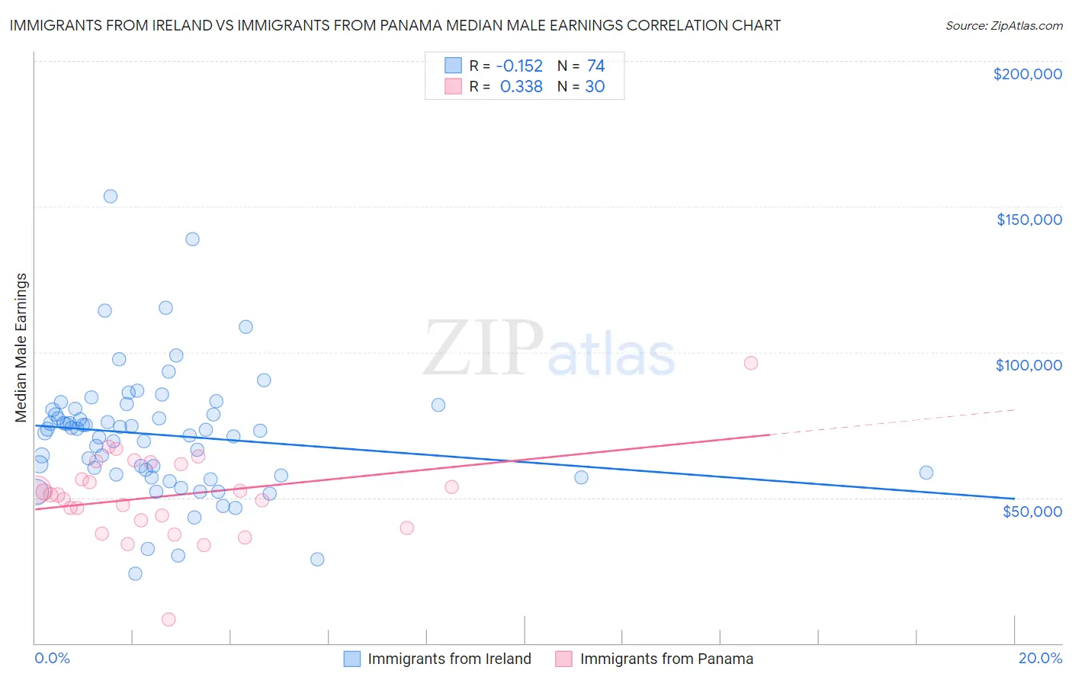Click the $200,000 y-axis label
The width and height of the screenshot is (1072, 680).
pyautogui.click(x=1027, y=74)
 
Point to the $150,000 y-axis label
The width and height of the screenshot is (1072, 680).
pyautogui.click(x=1029, y=220)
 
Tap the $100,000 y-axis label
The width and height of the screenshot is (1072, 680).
pyautogui.click(x=1029, y=365)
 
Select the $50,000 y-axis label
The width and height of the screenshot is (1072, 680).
pyautogui.click(x=1032, y=511)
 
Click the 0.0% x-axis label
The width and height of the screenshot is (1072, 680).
pyautogui.click(x=52, y=658)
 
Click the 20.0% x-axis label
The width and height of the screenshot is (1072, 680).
pyautogui.click(x=1040, y=658)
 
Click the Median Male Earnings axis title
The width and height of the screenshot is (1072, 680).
pyautogui.click(x=21, y=348)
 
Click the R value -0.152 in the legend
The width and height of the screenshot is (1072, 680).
pyautogui.click(x=519, y=66)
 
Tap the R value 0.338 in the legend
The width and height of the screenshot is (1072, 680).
pyautogui.click(x=521, y=87)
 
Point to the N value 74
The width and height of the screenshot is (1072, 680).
pyautogui.click(x=595, y=66)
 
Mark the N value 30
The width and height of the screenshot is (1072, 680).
pyautogui.click(x=595, y=87)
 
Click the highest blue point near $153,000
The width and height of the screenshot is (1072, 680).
pyautogui.click(x=111, y=196)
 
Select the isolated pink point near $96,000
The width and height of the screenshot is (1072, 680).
pyautogui.click(x=751, y=363)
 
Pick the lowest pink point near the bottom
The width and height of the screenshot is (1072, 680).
pyautogui.click(x=169, y=619)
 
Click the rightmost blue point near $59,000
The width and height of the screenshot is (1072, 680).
pyautogui.click(x=926, y=473)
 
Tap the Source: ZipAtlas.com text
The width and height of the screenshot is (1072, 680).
pyautogui.click(x=1003, y=26)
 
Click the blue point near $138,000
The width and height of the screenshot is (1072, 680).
pyautogui.click(x=192, y=239)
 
